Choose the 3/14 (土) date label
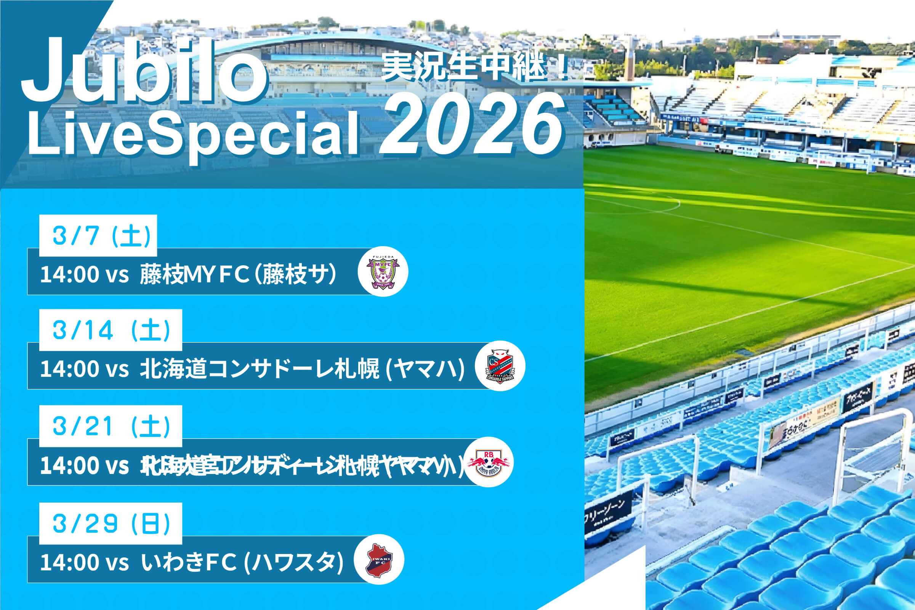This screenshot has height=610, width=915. [x=111, y=330]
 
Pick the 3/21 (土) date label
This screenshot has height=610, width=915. [x=111, y=426]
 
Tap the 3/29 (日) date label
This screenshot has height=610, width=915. [x=111, y=524]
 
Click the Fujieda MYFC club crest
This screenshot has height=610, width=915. [x=383, y=272]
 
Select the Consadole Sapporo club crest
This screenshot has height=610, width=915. [x=500, y=366]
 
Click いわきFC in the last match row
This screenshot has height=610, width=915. [x=189, y=562]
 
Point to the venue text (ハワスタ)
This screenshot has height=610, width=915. [x=294, y=562]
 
